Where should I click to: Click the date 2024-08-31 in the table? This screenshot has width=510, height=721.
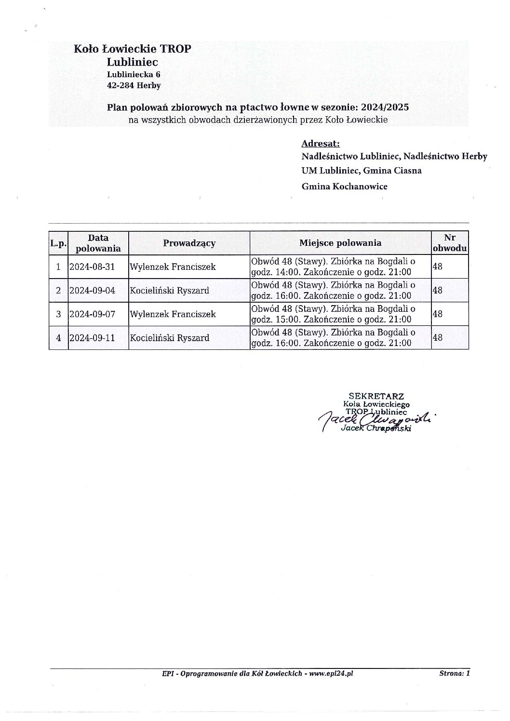[92, 267]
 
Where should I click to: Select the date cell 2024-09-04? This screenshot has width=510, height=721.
[92, 291]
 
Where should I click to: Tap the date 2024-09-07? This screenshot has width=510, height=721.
[92, 314]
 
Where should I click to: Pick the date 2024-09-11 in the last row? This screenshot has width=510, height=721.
[92, 338]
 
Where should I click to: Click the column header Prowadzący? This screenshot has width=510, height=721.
[189, 243]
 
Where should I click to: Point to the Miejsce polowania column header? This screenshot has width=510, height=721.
[340, 243]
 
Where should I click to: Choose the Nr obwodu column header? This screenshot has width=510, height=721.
[449, 243]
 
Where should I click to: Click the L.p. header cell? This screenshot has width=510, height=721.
[58, 243]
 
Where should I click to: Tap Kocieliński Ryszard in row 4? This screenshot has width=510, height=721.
[169, 338]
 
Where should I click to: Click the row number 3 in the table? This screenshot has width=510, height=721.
[58, 314]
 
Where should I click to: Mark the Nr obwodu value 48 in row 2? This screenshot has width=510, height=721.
[438, 291]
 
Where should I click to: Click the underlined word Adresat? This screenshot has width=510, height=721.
[321, 143]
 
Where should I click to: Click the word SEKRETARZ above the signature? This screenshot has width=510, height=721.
[376, 397]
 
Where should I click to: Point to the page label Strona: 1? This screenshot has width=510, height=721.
[454, 675]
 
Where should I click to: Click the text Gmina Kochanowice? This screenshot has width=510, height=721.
[344, 186]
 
